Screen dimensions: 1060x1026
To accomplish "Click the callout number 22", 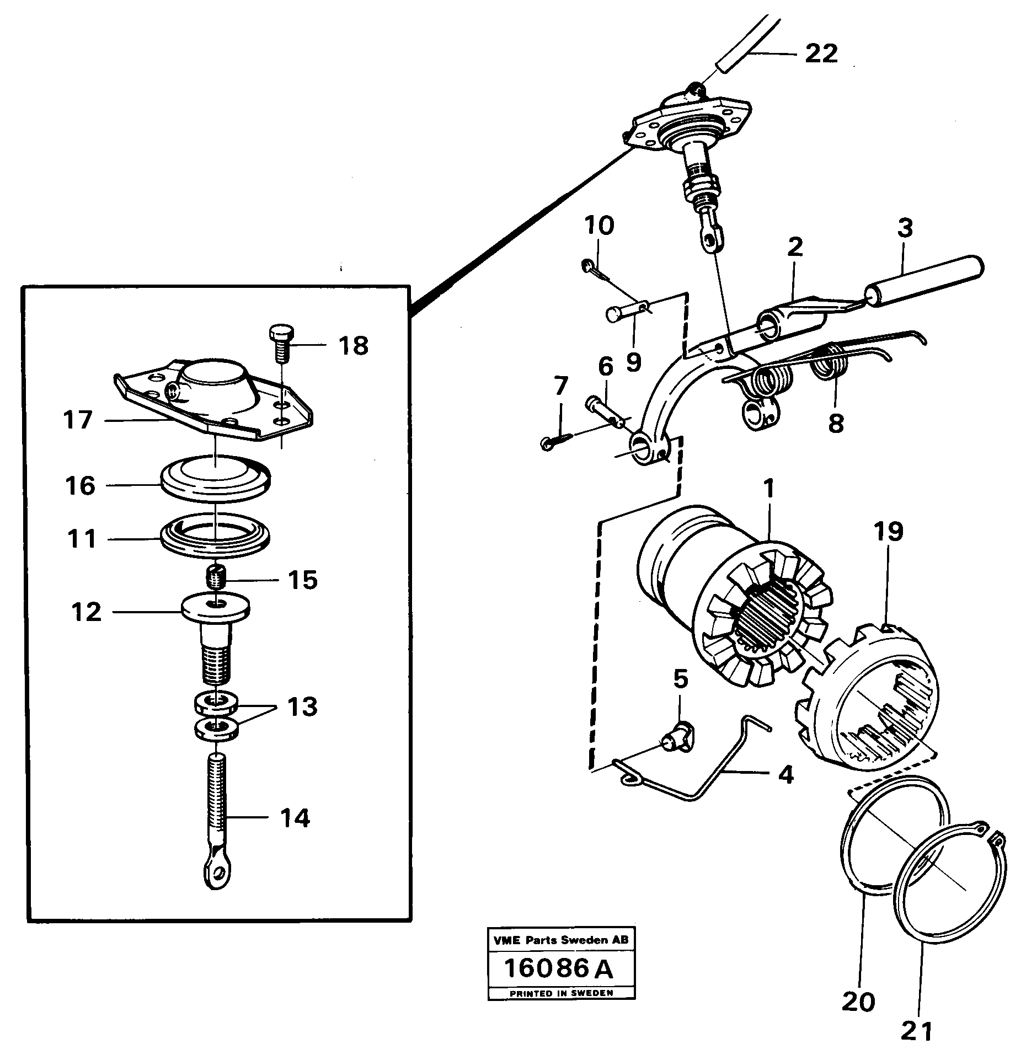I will click(x=821, y=53).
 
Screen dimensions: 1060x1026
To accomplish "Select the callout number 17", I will click(x=78, y=420).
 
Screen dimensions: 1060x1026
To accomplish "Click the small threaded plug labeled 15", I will click(x=216, y=578).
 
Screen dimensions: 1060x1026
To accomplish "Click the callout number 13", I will click(x=302, y=706).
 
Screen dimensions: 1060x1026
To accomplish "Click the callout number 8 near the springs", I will click(x=836, y=424).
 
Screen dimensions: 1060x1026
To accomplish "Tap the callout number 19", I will click(x=889, y=531).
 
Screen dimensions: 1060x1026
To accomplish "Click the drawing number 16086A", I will click(x=559, y=969).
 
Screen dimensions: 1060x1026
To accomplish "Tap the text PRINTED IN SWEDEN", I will click(x=561, y=993).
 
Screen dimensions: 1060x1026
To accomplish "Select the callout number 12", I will click(x=87, y=612).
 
